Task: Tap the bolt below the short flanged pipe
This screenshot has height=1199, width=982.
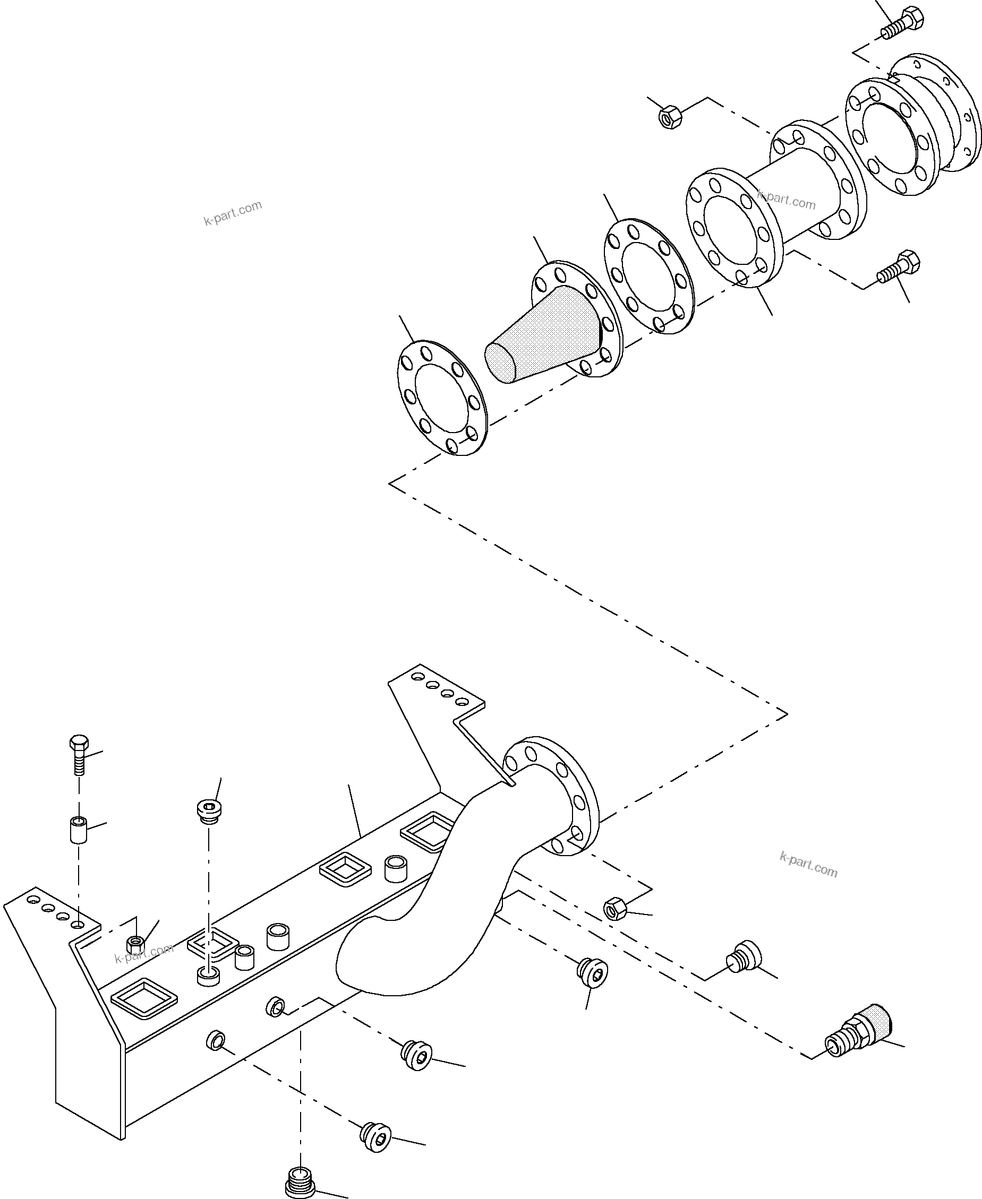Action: (x=898, y=269)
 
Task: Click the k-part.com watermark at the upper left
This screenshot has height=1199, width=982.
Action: (x=233, y=212)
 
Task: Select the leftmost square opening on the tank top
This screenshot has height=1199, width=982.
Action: (x=144, y=997)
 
